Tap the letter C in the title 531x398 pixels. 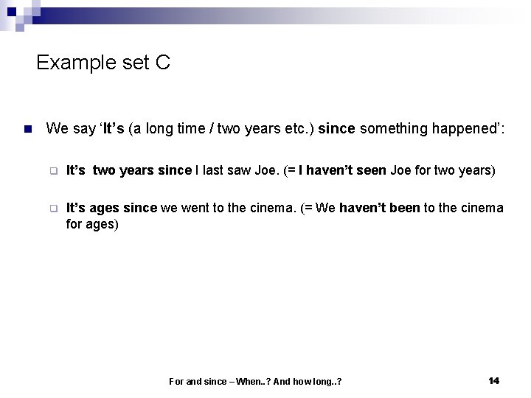click(163, 63)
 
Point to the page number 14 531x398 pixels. click(493, 380)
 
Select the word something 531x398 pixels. click(396, 129)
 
